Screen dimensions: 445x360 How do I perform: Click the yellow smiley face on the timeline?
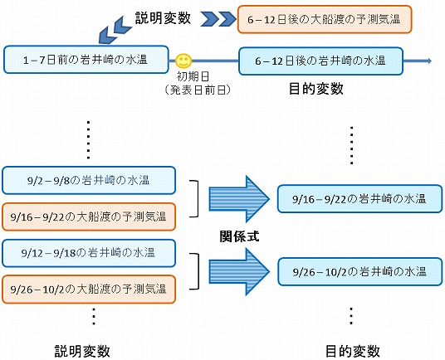[183, 61]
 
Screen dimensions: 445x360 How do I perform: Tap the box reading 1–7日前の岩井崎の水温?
[86, 60]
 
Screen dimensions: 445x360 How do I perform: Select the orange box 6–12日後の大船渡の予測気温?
[325, 19]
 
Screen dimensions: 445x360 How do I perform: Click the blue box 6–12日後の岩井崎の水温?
[320, 61]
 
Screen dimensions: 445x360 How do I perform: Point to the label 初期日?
[193, 76]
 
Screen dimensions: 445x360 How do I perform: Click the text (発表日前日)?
[198, 90]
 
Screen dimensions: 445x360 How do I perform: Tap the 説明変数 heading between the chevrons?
[163, 18]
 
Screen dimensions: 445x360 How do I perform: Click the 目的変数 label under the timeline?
[315, 89]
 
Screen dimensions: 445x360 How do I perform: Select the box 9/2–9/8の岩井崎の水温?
[89, 180]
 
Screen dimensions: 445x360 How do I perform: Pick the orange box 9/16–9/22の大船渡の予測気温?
[89, 216]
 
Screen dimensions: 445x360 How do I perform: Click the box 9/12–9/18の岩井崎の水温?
[89, 253]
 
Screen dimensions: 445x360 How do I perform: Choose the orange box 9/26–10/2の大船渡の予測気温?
[89, 289]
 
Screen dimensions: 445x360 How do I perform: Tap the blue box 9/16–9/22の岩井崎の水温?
[359, 199]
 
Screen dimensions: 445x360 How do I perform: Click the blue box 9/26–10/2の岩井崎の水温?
[359, 271]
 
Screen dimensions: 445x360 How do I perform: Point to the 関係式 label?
[240, 236]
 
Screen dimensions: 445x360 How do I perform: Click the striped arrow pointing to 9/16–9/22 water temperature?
[239, 199]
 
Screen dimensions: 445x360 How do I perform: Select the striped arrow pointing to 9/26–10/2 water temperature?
[239, 271]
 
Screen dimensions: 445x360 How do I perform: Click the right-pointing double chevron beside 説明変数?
[218, 19]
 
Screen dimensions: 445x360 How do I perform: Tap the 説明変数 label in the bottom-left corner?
[82, 351]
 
